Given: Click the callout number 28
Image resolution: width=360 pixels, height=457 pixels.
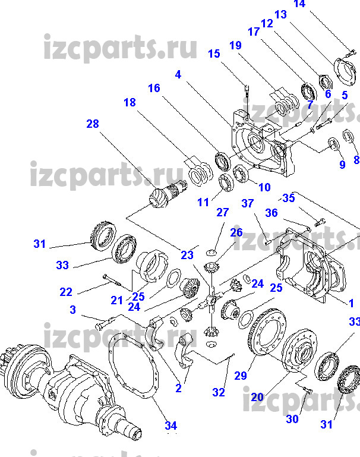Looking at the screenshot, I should pyautogui.click(x=92, y=124).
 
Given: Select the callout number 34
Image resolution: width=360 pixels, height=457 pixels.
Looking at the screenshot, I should pyautogui.click(x=170, y=426).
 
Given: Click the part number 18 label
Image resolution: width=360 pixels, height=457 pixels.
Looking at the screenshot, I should pyautogui.click(x=130, y=102).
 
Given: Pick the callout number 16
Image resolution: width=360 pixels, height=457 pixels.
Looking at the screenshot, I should pyautogui.click(x=154, y=89).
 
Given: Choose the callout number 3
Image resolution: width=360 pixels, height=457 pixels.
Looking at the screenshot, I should pyautogui.click(x=72, y=310).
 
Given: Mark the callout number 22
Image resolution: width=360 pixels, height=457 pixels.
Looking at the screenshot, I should pyautogui.click(x=66, y=291).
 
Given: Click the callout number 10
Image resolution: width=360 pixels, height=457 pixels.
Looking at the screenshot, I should pyautogui.click(x=264, y=187).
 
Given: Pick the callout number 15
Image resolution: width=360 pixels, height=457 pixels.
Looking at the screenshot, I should pyautogui.click(x=214, y=54).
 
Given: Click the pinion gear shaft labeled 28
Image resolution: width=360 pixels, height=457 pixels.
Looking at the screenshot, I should pyautogui.click(x=163, y=196).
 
